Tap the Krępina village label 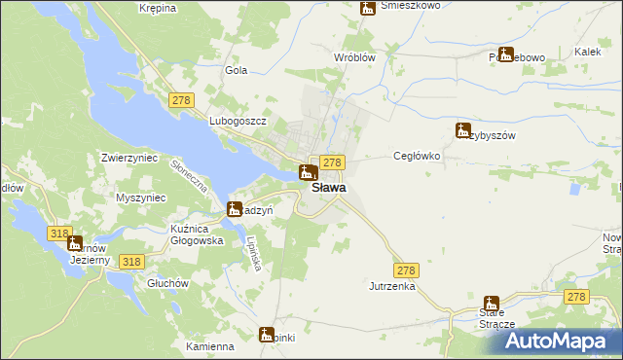point(157,8)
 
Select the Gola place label point(237,70)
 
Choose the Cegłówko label point(417,156)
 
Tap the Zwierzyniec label point(129,156)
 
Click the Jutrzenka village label point(392,287)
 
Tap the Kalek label point(586,52)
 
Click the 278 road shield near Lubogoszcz point(181,100)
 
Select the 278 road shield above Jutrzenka point(407,269)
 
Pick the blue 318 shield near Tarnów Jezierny point(58,234)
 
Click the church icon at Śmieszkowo point(368,8)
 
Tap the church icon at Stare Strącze point(492,305)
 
